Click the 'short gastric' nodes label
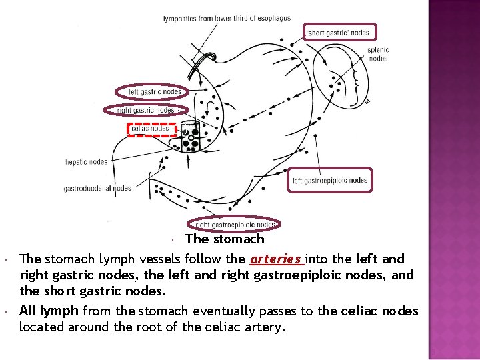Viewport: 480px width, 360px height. pos(337,32)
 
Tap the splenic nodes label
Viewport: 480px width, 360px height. pos(378,54)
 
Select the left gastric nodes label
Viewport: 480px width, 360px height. pos(155,92)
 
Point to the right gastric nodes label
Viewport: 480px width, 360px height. pos(145,110)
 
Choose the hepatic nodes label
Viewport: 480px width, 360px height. pos(86,162)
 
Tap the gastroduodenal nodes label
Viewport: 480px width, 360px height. pos(97,189)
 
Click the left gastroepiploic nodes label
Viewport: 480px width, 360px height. pos(329,181)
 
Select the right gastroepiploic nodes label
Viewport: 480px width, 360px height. pos(235,225)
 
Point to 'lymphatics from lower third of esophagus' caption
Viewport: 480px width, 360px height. pos(227,19)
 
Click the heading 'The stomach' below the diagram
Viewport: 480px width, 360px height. pos(225,239)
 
